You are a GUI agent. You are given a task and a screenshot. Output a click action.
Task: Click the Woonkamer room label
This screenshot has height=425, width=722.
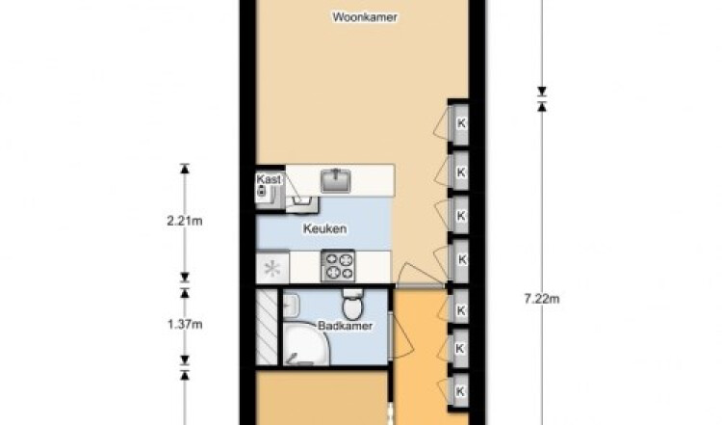pyautogui.click(x=365, y=17)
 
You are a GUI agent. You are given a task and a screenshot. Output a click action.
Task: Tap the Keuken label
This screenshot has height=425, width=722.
pyautogui.click(x=324, y=228)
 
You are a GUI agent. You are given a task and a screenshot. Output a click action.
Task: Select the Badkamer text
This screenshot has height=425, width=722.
pyautogui.click(x=345, y=326)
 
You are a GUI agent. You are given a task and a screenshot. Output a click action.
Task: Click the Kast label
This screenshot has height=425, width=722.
pyautogui.click(x=269, y=179)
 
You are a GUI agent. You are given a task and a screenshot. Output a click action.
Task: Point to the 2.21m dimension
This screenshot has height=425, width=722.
pyautogui.click(x=185, y=222)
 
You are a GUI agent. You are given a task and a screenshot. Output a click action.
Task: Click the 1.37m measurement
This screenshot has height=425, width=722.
pyautogui.click(x=185, y=325)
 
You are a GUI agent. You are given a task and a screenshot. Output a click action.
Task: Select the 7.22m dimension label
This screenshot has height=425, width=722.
pyautogui.click(x=542, y=299)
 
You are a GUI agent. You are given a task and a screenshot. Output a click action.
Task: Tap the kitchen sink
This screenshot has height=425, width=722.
pyautogui.click(x=336, y=180)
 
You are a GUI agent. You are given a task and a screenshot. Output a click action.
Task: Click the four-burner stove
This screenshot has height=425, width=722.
pyautogui.click(x=338, y=266)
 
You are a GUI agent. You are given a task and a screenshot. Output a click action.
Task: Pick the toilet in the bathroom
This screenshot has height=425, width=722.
pyautogui.click(x=353, y=305)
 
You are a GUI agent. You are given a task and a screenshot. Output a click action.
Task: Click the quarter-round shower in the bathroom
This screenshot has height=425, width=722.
pyautogui.click(x=305, y=344)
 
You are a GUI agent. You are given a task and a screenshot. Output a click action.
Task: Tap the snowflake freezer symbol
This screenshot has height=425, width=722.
pyautogui.click(x=272, y=268)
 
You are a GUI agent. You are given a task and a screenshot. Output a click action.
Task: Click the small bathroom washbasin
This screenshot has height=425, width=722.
pyautogui.click(x=291, y=306)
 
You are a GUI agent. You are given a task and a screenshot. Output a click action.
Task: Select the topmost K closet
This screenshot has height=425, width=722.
pyautogui.click(x=459, y=123)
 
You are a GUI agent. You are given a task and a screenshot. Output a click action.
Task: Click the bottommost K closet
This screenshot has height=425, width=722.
pyautogui.click(x=459, y=391)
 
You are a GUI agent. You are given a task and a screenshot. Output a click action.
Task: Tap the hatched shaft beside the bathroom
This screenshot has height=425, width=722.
pyautogui.click(x=267, y=327)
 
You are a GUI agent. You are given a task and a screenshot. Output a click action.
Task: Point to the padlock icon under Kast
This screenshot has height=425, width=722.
pyautogui.click(x=262, y=191)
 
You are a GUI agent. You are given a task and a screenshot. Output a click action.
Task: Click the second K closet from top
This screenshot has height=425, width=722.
pyautogui.click(x=459, y=173)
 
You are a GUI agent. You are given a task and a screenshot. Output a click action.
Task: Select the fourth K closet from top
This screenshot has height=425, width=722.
pyautogui.click(x=459, y=259)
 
